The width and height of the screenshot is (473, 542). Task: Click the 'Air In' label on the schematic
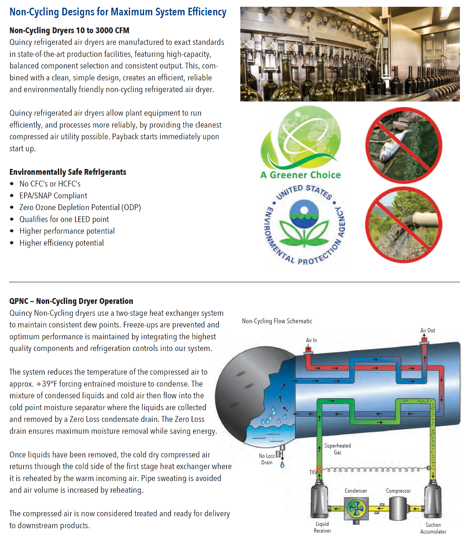pyautogui.click(x=311, y=340)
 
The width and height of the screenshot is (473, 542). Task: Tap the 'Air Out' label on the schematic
pyautogui.click(x=427, y=330)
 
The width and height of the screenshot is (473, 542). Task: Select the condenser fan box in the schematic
pyautogui.click(x=356, y=507)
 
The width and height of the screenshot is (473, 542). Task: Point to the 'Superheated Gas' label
pyautogui.click(x=337, y=449)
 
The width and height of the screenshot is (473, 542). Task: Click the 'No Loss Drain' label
pyautogui.click(x=267, y=459)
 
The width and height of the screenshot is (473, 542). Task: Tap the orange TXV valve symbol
pyautogui.click(x=319, y=469)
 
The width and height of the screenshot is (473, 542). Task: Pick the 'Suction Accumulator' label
pyautogui.click(x=433, y=528)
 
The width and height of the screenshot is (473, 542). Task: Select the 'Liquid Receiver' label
pyautogui.click(x=322, y=527)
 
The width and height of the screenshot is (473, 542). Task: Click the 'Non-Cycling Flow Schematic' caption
pyautogui.click(x=277, y=321)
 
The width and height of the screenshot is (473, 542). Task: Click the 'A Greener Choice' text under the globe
pyautogui.click(x=300, y=175)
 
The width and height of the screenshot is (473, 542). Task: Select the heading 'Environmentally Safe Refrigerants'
pyautogui.click(x=68, y=172)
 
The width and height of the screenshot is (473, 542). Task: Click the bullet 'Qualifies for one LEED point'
pyautogui.click(x=64, y=219)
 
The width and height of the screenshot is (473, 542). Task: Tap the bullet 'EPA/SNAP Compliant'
pyautogui.click(x=53, y=196)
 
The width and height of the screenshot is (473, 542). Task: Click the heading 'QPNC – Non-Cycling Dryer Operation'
pyautogui.click(x=71, y=301)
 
